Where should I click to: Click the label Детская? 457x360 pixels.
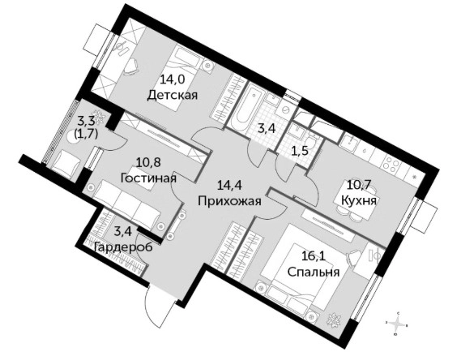click(173, 95)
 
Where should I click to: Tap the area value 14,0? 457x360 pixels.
click(173, 79)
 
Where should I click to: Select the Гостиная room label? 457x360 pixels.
click(148, 178)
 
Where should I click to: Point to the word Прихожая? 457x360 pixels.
click(229, 201)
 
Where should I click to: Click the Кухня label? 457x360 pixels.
click(359, 201)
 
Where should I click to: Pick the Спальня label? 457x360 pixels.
click(314, 272)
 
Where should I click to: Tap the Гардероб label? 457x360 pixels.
click(123, 247)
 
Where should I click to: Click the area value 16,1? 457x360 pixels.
click(314, 256)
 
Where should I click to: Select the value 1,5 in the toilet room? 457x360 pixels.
click(300, 152)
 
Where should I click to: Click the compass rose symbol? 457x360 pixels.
click(398, 324)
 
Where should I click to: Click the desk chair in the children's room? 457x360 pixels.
click(132, 66)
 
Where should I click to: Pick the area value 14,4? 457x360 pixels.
click(229, 185)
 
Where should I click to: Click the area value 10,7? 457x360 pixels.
click(359, 185)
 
